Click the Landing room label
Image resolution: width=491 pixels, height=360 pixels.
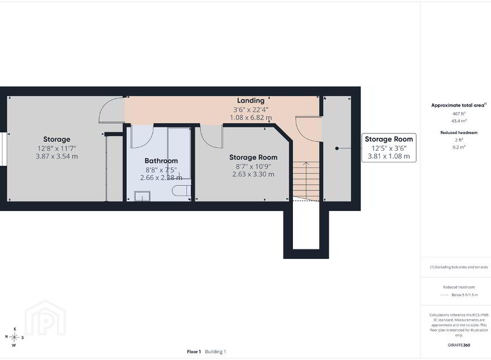pyautogui.click(x=251, y=100)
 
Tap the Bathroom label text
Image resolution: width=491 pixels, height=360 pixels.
pyautogui.click(x=161, y=161)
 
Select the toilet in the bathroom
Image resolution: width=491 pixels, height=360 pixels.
pyautogui.click(x=181, y=190)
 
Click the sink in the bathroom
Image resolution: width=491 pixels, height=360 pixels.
pyautogui.click(x=142, y=196)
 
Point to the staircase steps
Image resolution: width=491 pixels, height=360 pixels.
pyautogui.click(x=306, y=181)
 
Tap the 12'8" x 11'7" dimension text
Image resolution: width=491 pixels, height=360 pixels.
pyautogui.click(x=57, y=148)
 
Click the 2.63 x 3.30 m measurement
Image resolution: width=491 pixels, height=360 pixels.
pyautogui.click(x=253, y=174)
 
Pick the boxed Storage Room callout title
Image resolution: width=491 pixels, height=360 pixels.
pyautogui.click(x=389, y=139)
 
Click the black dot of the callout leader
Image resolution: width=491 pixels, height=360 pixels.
pyautogui.click(x=337, y=148)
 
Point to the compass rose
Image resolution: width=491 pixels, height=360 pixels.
pyautogui.click(x=14, y=337)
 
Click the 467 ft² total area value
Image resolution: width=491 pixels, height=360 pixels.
pyautogui.click(x=459, y=114)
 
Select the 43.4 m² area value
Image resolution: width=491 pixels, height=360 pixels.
pyautogui.click(x=459, y=121)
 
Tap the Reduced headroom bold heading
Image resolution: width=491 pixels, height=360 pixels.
pyautogui.click(x=459, y=132)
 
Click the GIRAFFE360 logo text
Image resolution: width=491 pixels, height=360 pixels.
pyautogui.click(x=459, y=345)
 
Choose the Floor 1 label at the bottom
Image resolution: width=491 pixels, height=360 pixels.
pyautogui.click(x=194, y=352)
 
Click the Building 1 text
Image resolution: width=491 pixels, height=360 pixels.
pyautogui.click(x=215, y=352)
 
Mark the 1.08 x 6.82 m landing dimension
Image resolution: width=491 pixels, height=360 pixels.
pyautogui.click(x=251, y=118)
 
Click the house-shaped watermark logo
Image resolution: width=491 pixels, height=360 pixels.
pyautogui.click(x=45, y=318)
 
